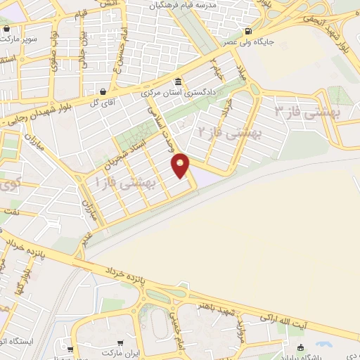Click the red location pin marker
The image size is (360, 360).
point(181,165)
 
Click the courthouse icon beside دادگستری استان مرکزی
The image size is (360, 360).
point(178,79)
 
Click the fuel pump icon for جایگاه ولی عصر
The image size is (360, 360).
point(247,32)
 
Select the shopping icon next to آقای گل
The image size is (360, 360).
point(103,91)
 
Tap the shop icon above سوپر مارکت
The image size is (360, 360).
point(7,30)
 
